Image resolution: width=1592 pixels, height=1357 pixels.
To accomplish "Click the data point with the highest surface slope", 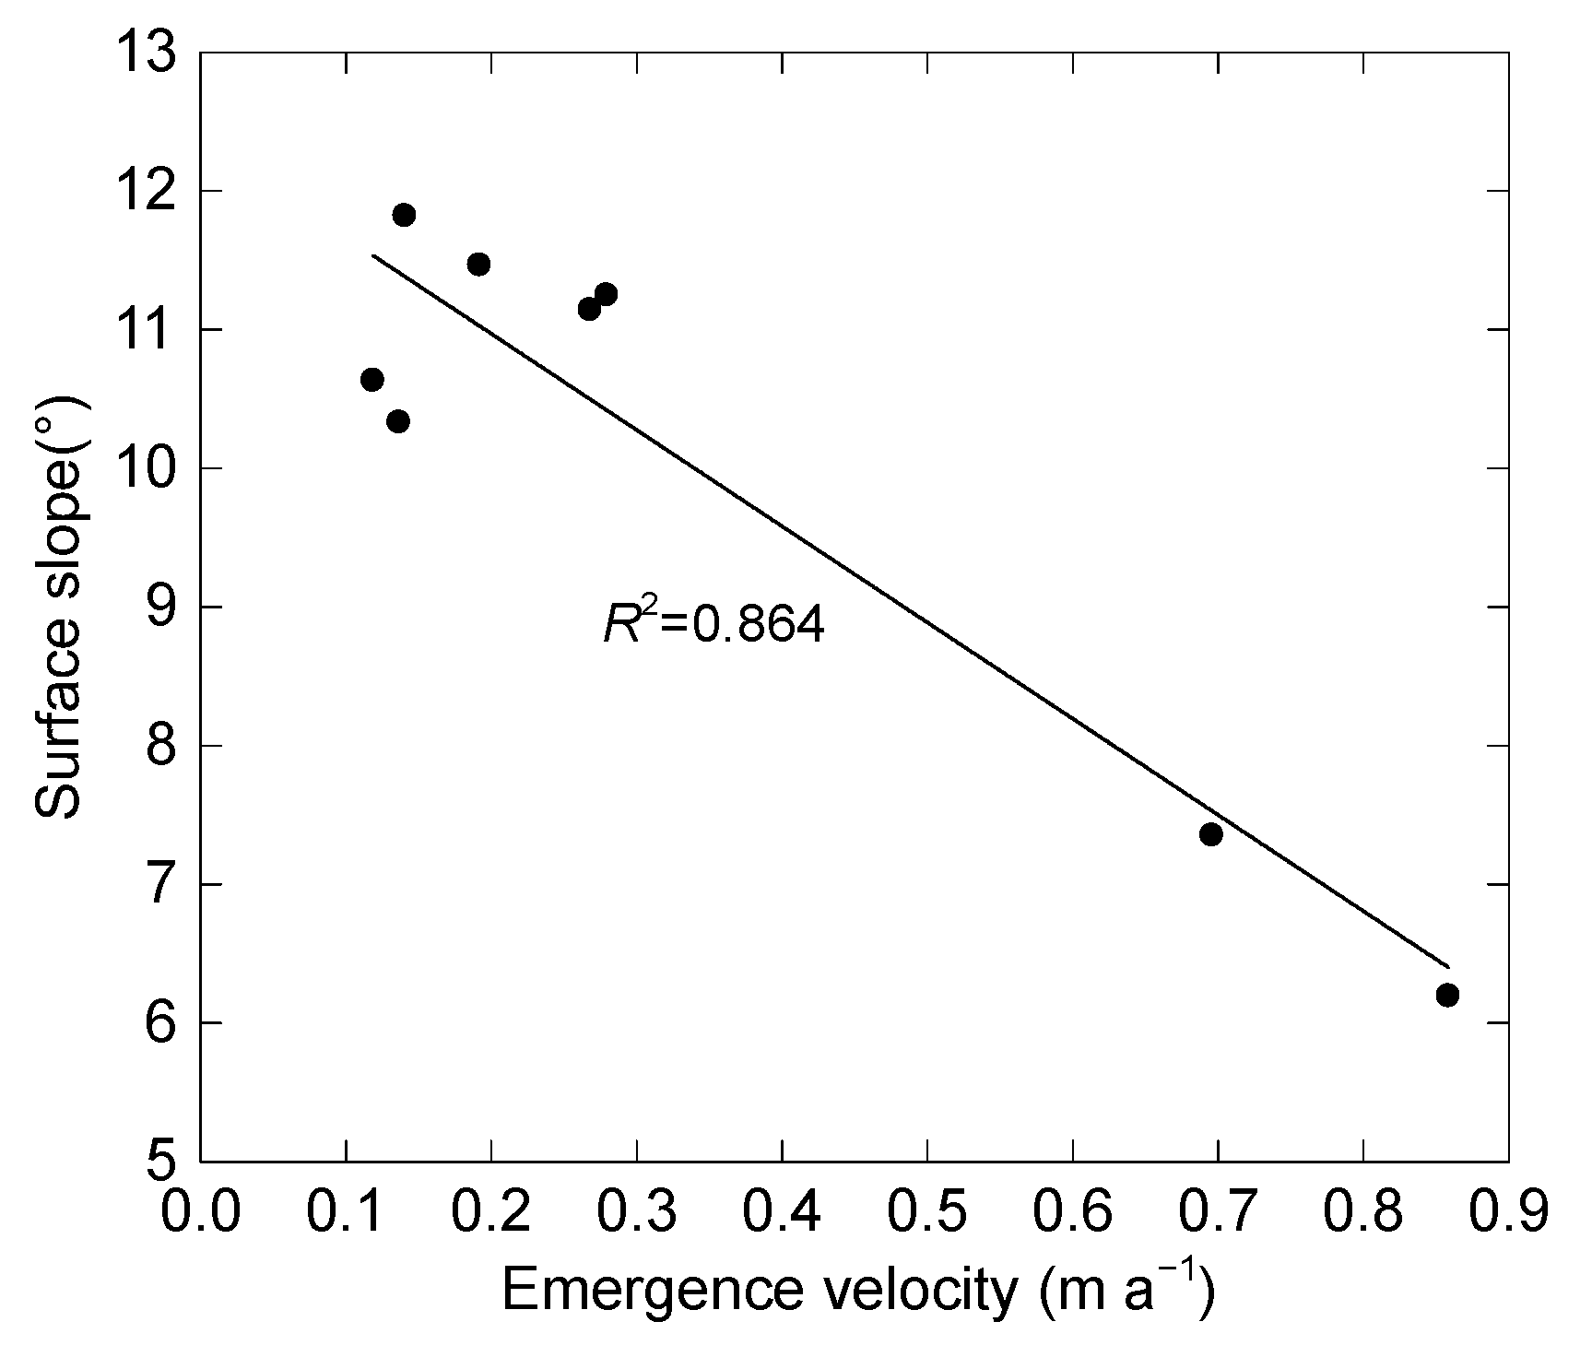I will tap(404, 215).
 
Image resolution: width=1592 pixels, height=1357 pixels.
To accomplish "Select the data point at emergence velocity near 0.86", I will tap(1447, 995).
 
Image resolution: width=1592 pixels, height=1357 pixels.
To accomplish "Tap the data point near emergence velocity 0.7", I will tap(1211, 834).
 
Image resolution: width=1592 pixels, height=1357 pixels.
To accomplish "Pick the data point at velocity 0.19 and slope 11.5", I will tap(478, 265).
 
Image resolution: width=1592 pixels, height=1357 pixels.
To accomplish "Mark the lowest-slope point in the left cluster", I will tap(398, 421).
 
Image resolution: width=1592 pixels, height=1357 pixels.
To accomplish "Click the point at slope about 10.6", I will tap(372, 380).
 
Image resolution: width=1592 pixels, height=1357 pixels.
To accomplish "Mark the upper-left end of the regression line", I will tap(373, 255).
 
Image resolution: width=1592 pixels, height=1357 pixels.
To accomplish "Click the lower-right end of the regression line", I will tap(1448, 967).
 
